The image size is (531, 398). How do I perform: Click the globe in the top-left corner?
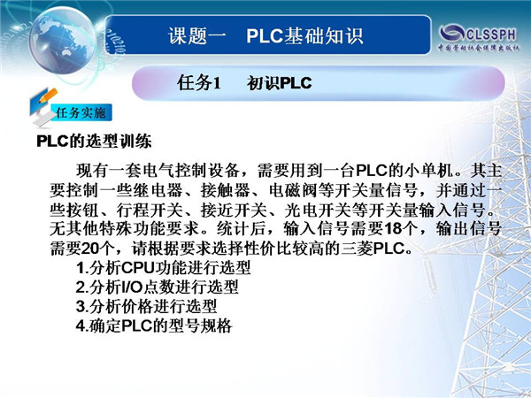(x=63, y=41)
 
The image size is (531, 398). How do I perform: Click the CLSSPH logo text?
(x=490, y=34)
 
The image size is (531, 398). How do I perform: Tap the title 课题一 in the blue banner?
(x=196, y=36)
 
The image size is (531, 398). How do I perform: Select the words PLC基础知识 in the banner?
(x=304, y=36)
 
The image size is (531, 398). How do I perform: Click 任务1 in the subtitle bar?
(x=198, y=82)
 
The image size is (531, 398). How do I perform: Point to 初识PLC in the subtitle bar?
(x=279, y=83)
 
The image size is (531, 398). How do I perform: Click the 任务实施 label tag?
(x=81, y=112)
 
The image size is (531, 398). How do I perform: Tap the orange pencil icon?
(x=48, y=96)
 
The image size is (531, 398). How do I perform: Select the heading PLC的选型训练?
(x=94, y=142)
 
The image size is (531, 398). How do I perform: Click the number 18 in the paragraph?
(x=393, y=229)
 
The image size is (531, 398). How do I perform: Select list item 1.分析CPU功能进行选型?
(x=163, y=268)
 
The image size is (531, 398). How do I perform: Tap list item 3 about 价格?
(x=146, y=307)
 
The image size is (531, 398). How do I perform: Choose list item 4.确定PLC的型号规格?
(x=154, y=325)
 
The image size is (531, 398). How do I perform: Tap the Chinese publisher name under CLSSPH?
(x=478, y=48)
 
